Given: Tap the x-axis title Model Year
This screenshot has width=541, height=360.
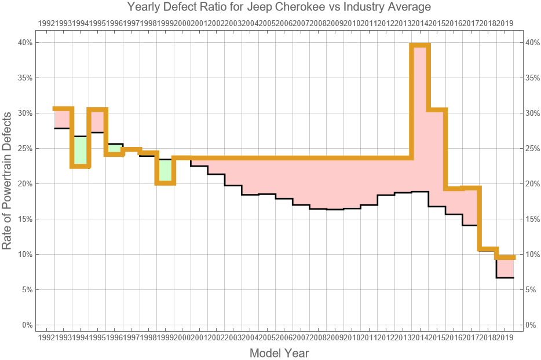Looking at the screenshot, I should tap(279, 353).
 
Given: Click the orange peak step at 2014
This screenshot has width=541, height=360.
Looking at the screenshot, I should tap(420, 45).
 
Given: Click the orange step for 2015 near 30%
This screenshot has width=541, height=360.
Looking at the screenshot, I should tap(437, 109).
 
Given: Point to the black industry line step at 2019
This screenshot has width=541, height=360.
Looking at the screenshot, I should tap(505, 278).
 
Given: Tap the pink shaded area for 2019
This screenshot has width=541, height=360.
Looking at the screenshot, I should tap(505, 267).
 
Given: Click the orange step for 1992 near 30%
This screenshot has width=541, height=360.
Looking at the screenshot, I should tap(63, 108).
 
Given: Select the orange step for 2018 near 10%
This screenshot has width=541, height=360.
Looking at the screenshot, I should tap(488, 249).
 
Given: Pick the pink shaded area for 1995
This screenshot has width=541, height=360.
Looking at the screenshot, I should tap(97, 121).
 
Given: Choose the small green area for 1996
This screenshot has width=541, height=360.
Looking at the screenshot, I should tap(115, 149).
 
